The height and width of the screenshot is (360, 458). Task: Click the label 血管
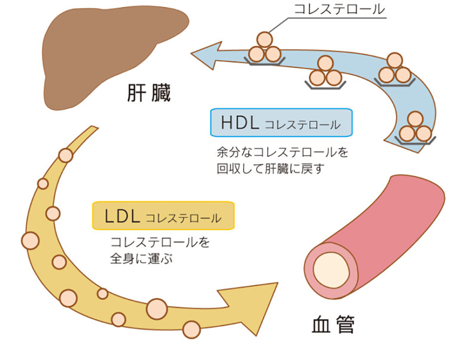333,324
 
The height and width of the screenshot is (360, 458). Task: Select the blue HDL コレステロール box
281,123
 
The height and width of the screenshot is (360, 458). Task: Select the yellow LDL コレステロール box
163,216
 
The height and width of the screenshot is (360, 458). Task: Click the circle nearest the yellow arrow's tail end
66,155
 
